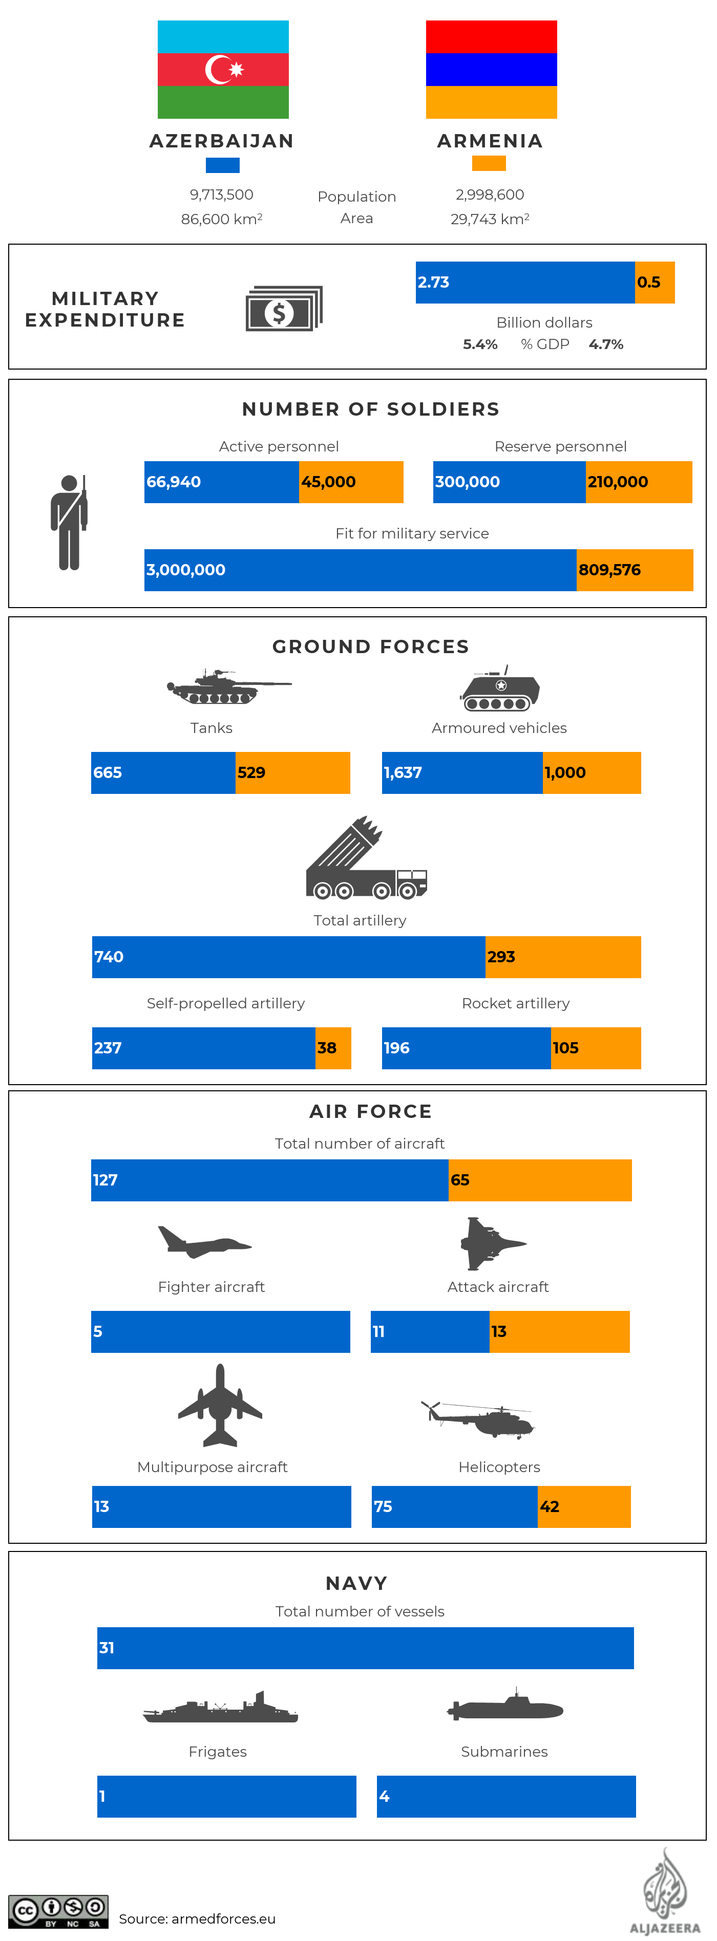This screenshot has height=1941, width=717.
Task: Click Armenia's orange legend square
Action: coord(489,163)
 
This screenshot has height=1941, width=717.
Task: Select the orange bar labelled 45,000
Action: coord(351,482)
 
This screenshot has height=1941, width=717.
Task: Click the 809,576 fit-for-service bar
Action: coord(634,570)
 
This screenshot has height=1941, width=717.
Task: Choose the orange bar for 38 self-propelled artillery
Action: coord(332,1048)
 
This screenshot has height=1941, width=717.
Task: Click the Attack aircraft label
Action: coord(498,1287)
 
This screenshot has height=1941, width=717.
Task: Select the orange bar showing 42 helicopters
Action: coord(583,1507)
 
